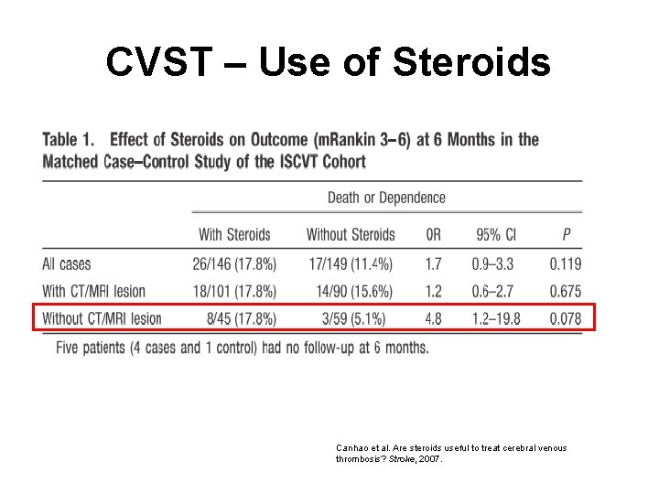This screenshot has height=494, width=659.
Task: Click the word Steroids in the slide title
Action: coord(472,62)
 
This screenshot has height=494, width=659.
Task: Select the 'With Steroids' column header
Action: coord(234,235)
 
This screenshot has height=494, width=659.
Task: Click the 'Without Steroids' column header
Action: coord(351,235)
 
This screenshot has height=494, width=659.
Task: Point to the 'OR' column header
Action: coord(433,235)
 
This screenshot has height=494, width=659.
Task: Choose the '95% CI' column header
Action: coord(495,235)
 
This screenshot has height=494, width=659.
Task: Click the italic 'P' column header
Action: coord(567,235)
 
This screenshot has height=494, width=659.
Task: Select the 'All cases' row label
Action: coord(67,264)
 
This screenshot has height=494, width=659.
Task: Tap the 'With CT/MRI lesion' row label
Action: coord(93,291)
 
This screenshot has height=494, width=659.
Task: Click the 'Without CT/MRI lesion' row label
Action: coord(102,318)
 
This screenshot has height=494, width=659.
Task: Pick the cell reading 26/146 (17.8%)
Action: coord(234,264)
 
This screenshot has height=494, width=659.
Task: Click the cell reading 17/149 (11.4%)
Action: coord(351,264)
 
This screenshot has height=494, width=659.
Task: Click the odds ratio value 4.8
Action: coord(433,318)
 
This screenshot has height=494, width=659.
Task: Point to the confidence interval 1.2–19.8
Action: coord(496,318)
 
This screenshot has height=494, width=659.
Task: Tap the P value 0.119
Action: coord(566,264)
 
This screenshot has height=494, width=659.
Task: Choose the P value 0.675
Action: coord(566,291)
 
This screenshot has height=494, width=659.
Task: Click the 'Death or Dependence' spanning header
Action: coord(386,198)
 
